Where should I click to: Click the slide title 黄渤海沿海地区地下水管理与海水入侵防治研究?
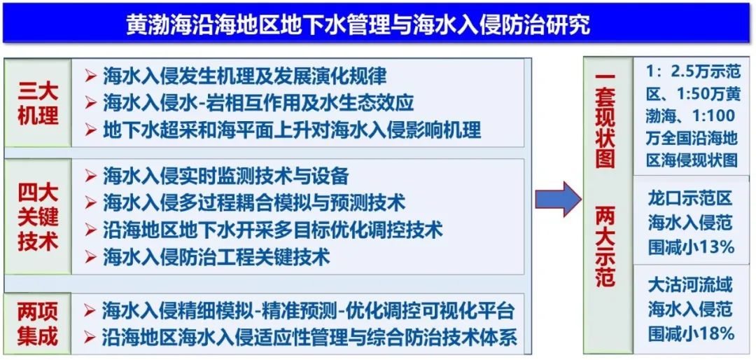[x=358, y=25]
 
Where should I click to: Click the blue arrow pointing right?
[x=557, y=200]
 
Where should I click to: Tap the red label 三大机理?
[x=38, y=103]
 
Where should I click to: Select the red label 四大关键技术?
[x=38, y=217]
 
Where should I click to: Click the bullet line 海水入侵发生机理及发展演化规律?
[x=244, y=76]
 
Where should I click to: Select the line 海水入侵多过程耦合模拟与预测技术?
[x=253, y=203]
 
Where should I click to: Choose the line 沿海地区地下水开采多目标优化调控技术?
[x=272, y=230]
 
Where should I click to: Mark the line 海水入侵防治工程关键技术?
[x=216, y=257]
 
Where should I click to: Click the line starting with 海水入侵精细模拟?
[x=308, y=310]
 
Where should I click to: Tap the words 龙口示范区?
[x=689, y=198]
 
